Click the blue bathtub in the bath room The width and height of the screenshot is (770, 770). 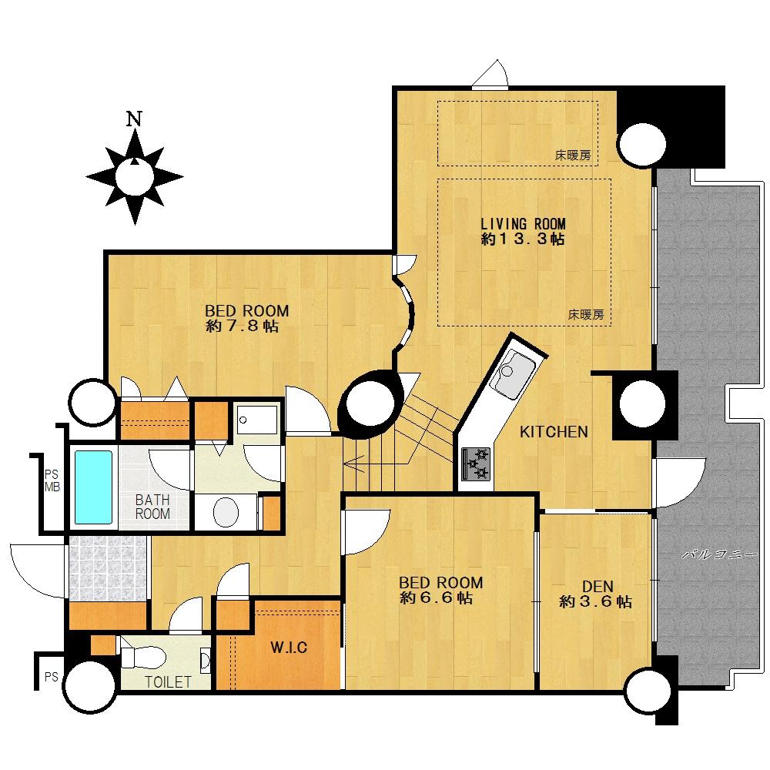click(93, 487)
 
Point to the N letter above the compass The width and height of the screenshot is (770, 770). click(134, 119)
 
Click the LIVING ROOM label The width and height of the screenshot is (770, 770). click(523, 224)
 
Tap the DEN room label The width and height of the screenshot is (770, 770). click(598, 586)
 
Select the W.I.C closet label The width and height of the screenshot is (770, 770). click(289, 648)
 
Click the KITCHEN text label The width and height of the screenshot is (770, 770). click(554, 432)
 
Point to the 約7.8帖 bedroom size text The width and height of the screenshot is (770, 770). click(243, 326)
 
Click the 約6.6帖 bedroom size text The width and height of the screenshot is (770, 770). click(437, 598)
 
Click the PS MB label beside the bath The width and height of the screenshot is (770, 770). click(52, 480)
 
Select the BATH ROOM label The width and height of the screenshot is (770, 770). click(152, 507)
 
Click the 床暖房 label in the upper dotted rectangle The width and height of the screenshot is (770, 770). click(573, 156)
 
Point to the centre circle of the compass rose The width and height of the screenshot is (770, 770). click(135, 177)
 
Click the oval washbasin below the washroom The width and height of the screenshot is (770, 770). click(226, 512)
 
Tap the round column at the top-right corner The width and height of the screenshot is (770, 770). click(642, 144)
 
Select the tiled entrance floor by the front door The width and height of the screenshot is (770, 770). click(108, 567)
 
